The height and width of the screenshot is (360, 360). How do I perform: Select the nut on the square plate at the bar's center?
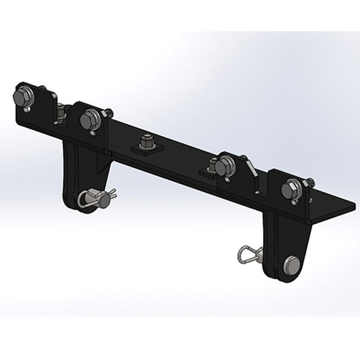144,142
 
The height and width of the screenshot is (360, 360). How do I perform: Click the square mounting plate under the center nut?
144,149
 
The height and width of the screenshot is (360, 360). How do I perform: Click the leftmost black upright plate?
39,99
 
